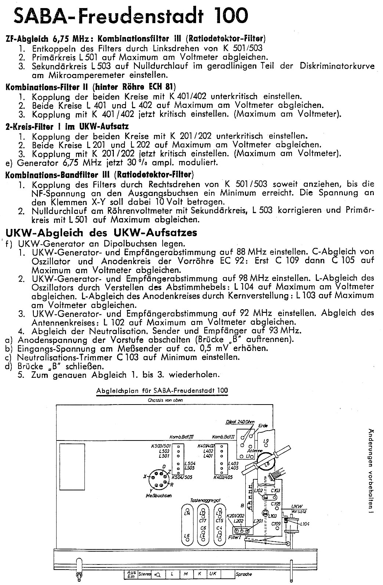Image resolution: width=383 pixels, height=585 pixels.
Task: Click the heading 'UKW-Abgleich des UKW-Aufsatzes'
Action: click(102, 233)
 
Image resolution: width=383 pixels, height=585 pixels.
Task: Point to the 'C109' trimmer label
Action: click(276, 524)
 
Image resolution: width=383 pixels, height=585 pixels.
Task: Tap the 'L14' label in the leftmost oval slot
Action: click(187, 512)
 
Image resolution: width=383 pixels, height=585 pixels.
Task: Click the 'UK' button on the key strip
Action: click(214, 573)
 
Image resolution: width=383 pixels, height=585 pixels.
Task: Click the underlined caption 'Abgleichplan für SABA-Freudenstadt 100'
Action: click(162, 391)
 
